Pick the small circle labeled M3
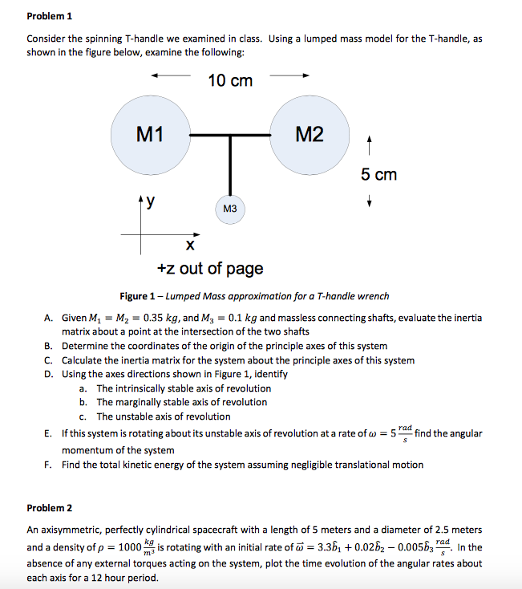click(229, 209)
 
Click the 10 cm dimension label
click(230, 80)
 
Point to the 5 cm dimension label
click(378, 174)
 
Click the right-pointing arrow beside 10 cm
click(289, 78)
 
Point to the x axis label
click(189, 242)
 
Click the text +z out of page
click(210, 268)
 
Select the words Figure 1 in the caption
click(139, 297)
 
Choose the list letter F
click(49, 465)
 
